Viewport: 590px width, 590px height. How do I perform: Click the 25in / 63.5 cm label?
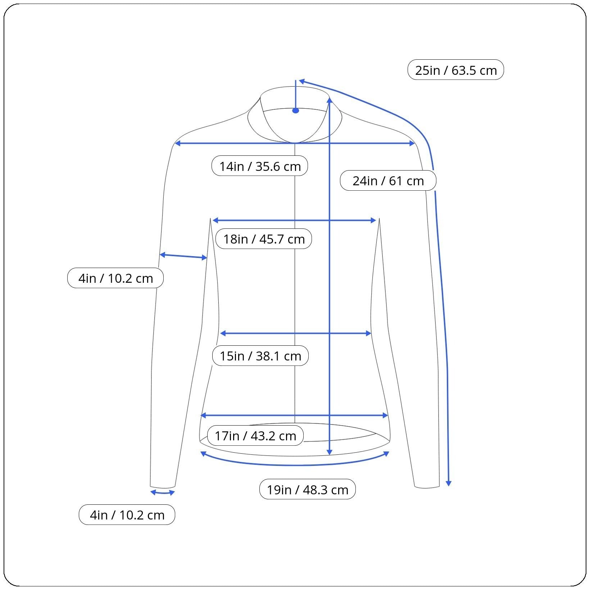pyautogui.click(x=455, y=70)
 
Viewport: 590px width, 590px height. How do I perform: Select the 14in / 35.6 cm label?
pyautogui.click(x=260, y=166)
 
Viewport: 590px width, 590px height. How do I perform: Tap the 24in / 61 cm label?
pyautogui.click(x=388, y=180)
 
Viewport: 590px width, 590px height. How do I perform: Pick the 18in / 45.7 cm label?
pyautogui.click(x=264, y=239)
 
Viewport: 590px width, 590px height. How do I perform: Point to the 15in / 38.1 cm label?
pyautogui.click(x=260, y=355)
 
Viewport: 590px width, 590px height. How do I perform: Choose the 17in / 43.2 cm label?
pyautogui.click(x=255, y=435)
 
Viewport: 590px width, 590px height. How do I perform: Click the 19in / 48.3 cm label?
pyautogui.click(x=307, y=489)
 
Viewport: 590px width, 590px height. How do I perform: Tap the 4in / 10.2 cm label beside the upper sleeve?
pyautogui.click(x=115, y=278)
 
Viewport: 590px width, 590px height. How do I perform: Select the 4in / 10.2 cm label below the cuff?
pyautogui.click(x=127, y=514)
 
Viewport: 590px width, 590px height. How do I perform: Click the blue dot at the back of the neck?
pyautogui.click(x=296, y=110)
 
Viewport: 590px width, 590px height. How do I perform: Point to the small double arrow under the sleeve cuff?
pyautogui.click(x=163, y=493)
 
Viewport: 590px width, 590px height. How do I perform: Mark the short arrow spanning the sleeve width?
pyautogui.click(x=183, y=256)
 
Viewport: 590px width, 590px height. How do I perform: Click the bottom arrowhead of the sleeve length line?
pyautogui.click(x=448, y=483)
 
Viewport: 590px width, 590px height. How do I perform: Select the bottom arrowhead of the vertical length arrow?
pyautogui.click(x=330, y=452)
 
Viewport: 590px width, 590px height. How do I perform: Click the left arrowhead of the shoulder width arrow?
pyautogui.click(x=177, y=144)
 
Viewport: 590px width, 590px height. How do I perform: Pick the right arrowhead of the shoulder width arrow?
pyautogui.click(x=412, y=144)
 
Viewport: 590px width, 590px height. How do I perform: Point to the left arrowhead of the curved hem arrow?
pyautogui.click(x=203, y=454)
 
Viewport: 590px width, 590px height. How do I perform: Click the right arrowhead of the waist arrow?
pyautogui.click(x=368, y=333)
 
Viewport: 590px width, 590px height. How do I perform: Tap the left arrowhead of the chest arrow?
pyautogui.click(x=215, y=220)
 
